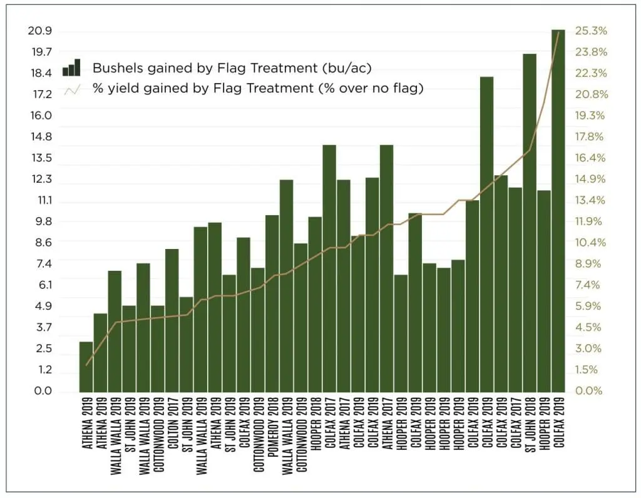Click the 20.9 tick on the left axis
41,31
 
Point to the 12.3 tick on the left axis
41,180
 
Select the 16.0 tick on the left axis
41,116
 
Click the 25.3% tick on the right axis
592,31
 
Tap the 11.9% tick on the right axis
591,221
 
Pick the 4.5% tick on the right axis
591,327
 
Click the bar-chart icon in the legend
71,68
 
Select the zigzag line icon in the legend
71,89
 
